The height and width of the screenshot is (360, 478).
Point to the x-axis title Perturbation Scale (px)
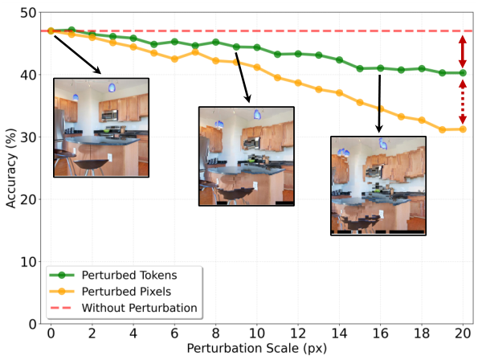(256, 350)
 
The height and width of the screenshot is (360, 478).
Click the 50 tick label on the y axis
(27, 13)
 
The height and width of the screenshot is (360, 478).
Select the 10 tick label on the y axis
(27, 262)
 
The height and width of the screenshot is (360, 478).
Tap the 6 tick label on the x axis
(174, 334)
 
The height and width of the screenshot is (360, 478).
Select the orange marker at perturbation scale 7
(195, 51)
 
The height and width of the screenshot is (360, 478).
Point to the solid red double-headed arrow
(463, 51)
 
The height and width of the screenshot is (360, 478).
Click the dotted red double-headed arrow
(463, 100)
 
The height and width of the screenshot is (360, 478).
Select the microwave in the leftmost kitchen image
(110, 116)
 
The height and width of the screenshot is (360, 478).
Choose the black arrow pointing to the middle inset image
(242, 81)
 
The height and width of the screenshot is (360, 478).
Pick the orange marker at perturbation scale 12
(298, 83)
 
